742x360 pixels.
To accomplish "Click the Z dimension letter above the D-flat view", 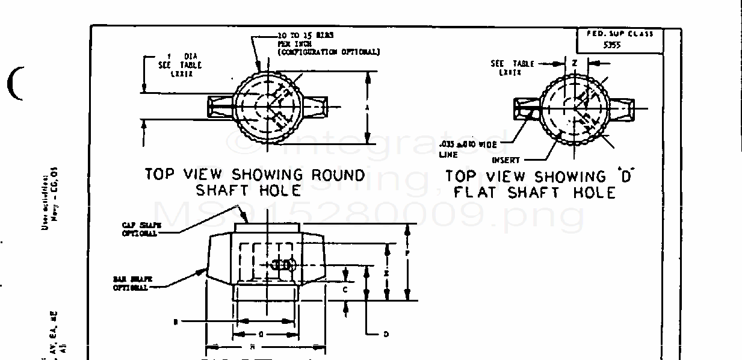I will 575,63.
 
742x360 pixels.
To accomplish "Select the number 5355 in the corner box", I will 612,45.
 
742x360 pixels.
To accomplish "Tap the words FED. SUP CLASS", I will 619,34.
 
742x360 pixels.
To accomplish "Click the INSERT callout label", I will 505,160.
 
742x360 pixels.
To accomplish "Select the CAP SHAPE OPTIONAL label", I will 139,229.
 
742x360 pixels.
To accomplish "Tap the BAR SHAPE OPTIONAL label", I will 131,284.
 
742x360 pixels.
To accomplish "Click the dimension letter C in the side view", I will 345,289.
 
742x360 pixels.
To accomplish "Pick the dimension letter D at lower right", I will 386,334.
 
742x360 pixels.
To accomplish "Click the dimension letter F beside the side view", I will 407,254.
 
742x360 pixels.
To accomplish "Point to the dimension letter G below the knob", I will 261,333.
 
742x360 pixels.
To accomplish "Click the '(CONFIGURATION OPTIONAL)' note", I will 328,52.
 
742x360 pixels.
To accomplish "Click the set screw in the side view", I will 282,265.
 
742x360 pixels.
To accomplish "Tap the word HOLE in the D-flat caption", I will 593,193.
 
